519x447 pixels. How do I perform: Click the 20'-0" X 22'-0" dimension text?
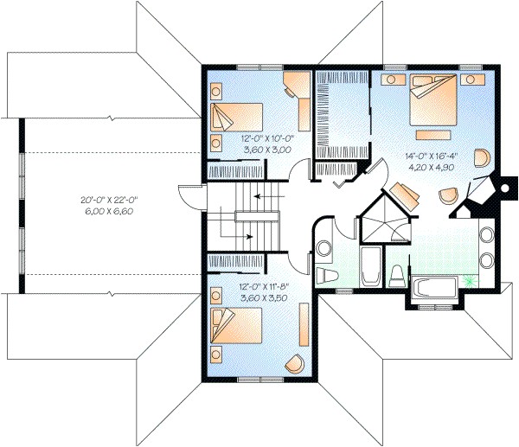pos(110,200)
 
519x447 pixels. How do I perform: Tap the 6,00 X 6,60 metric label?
pos(110,211)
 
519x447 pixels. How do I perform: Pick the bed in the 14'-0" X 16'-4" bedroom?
pos(434,101)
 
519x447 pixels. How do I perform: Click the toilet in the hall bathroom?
pos(328,276)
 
